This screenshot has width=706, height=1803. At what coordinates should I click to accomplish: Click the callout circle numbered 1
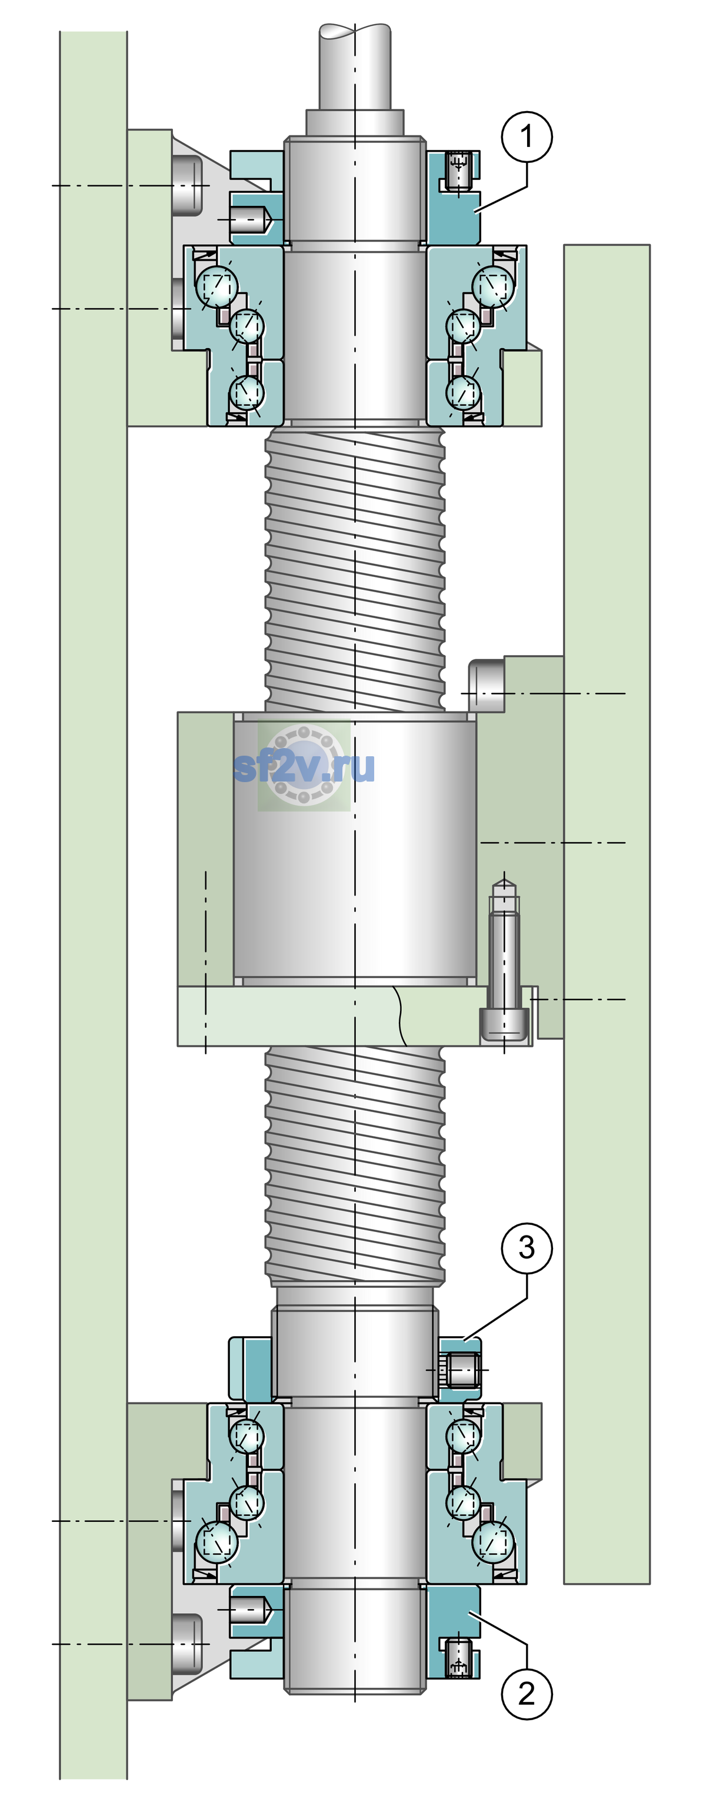click(527, 136)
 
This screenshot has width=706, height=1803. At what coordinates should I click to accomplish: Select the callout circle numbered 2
click(527, 1693)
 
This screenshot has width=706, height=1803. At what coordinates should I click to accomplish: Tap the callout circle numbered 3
click(527, 1247)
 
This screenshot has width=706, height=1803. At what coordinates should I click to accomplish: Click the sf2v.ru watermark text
click(304, 766)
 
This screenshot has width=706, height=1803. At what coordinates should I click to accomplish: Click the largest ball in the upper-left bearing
click(217, 286)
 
